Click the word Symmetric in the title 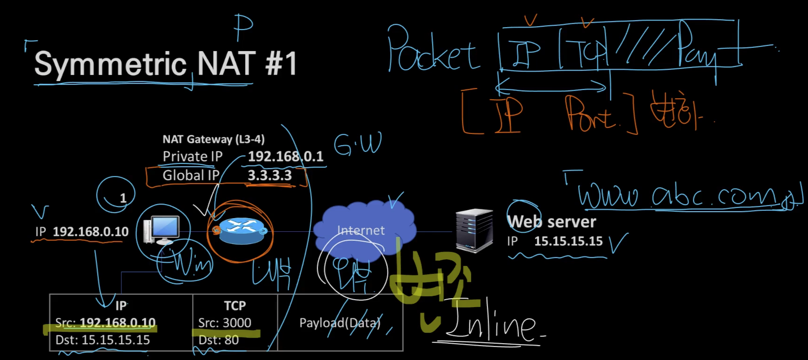point(111,64)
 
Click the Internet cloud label point(361,230)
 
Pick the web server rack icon point(474,230)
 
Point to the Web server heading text point(552,221)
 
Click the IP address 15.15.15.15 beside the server point(568,241)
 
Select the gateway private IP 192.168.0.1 point(285,156)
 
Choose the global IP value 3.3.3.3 point(269,176)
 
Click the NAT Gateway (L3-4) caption point(214,139)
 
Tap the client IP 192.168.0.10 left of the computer point(90,232)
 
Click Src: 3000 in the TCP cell point(225,323)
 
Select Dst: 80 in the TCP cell point(219,340)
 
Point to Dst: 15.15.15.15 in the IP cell point(103,340)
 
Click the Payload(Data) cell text point(340,323)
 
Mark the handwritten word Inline point(492,323)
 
